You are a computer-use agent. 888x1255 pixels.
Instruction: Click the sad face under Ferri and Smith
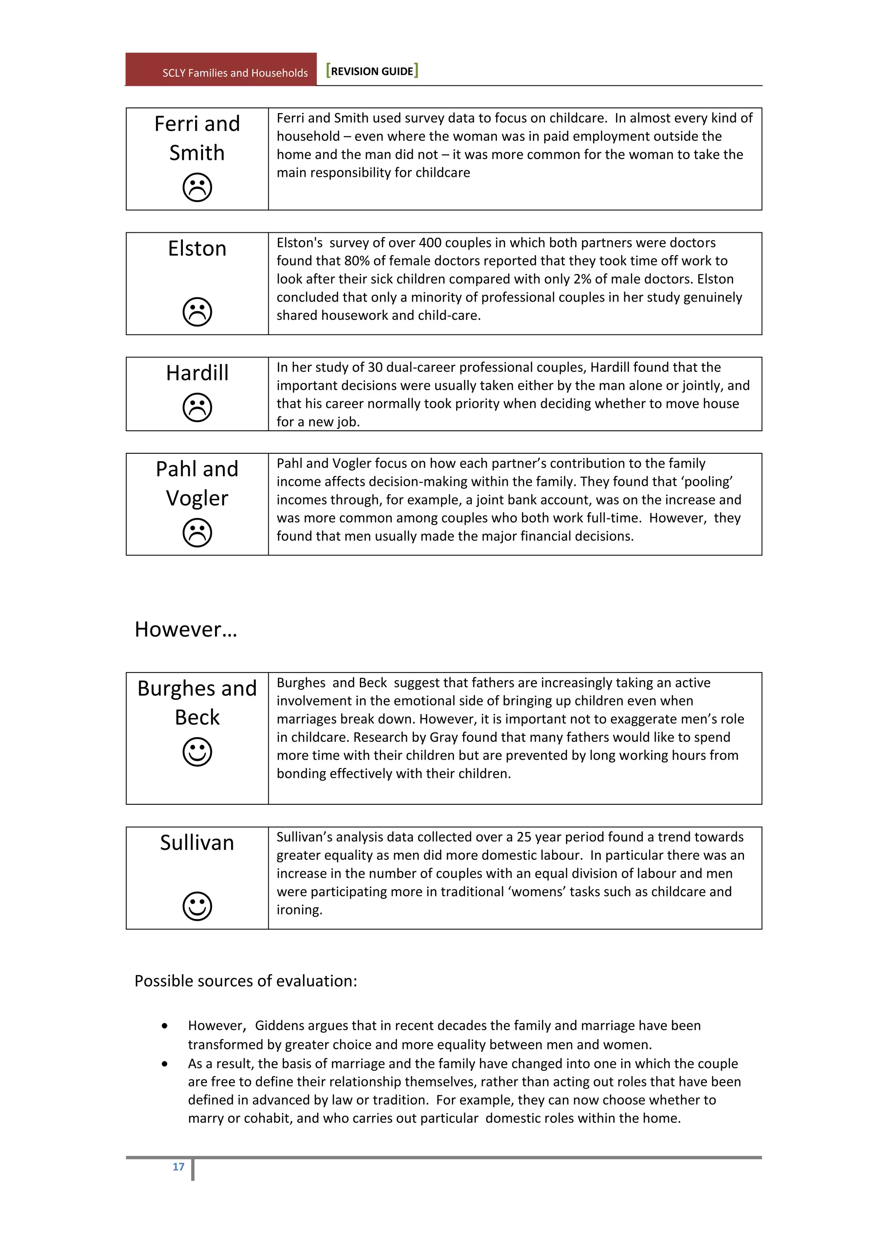point(197,188)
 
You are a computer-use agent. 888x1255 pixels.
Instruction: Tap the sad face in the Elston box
point(197,312)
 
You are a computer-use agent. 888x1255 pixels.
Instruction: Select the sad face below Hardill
point(197,407)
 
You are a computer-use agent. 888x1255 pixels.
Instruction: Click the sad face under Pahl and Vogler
point(197,533)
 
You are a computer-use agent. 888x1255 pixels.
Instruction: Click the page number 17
point(178,1167)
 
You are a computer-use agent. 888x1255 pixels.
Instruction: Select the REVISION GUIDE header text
point(372,71)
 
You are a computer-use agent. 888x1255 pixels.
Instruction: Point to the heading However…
point(186,629)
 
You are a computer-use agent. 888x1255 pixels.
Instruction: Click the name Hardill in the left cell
point(197,373)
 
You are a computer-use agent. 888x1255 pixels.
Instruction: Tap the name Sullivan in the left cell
point(197,842)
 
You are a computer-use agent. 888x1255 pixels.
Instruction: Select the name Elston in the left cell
point(197,248)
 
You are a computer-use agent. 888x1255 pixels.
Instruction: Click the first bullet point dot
point(165,1026)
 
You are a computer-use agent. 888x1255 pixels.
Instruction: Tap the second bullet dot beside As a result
point(165,1064)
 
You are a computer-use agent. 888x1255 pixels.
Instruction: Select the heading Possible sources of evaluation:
point(245,981)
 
